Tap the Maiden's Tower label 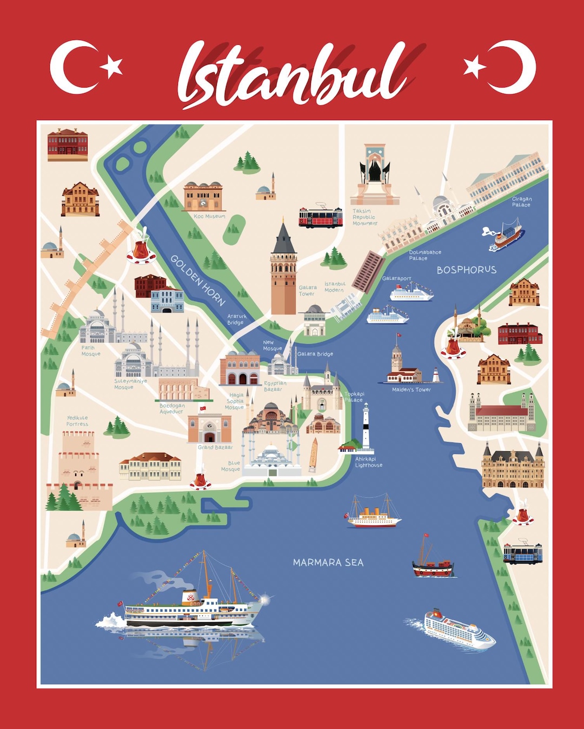(x=411, y=390)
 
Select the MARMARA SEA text (x=328, y=563)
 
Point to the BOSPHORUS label (x=466, y=270)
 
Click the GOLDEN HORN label (x=197, y=280)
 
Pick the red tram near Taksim (x=321, y=217)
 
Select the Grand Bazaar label (x=215, y=447)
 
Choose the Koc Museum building (x=203, y=196)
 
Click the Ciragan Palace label (x=521, y=202)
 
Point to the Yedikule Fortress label (x=77, y=421)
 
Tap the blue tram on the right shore (x=522, y=553)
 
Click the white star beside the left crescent (x=113, y=67)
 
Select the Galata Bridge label (x=315, y=354)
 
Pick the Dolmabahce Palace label (x=424, y=255)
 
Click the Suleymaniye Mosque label (x=130, y=384)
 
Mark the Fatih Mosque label (x=90, y=351)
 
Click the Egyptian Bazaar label (x=275, y=386)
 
